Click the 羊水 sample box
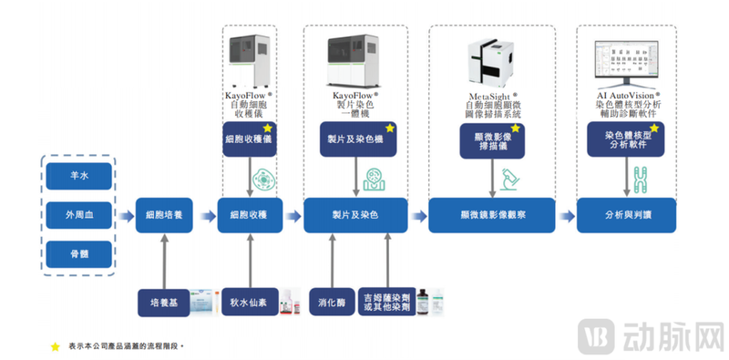81,176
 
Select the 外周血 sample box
81,215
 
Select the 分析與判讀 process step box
626,215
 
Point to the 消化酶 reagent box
329,301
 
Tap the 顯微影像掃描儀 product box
492,141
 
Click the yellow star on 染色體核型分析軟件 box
653,129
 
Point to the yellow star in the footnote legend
55,346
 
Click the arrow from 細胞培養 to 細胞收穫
206,215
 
